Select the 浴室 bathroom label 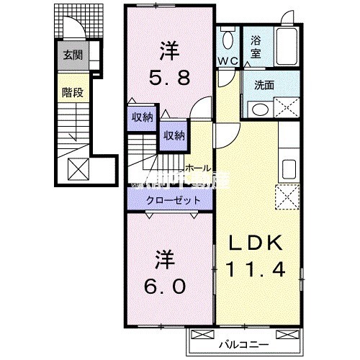[x=256, y=48]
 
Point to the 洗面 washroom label [x=264, y=85]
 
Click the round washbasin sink [x=258, y=109]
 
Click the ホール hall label [x=197, y=168]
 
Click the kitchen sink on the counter [x=289, y=169]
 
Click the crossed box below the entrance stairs [x=77, y=168]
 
